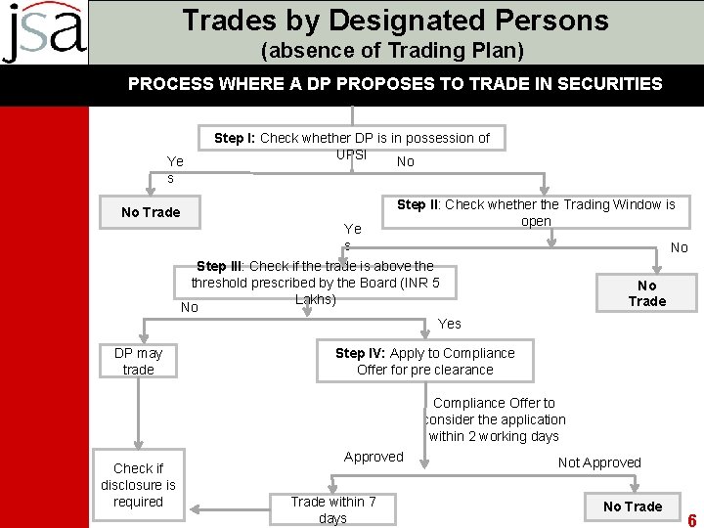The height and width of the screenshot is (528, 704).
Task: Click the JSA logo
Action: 44,32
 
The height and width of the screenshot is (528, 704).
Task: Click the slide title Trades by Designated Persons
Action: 395,20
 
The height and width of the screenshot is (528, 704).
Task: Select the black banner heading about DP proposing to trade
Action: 395,84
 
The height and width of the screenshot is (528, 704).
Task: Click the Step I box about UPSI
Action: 352,146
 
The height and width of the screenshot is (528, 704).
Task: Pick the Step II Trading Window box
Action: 536,212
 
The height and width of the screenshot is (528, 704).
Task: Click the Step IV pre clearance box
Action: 424,361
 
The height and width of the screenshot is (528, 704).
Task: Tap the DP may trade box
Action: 138,361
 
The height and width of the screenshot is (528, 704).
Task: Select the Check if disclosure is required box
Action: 138,485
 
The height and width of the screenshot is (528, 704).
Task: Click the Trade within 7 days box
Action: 332,508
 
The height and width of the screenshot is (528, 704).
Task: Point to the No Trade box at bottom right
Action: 633,506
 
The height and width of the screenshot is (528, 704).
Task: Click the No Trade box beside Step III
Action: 646,293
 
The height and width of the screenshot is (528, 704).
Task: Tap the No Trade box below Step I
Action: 151,212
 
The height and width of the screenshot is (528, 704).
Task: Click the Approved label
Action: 374,457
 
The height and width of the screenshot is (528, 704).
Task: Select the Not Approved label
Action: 599,462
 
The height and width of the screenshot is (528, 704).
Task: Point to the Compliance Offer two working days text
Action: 494,419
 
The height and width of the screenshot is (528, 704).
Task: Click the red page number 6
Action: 691,519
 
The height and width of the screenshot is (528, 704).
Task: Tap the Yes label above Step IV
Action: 450,324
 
